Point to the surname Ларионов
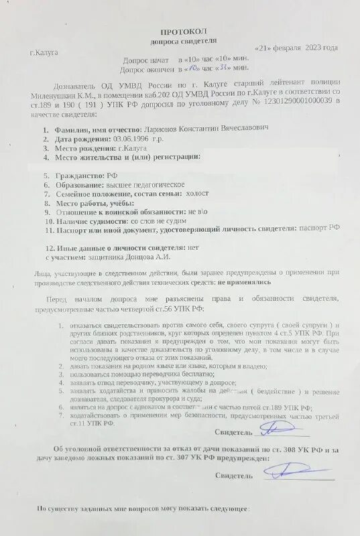[x=164, y=127]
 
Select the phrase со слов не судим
[x=155, y=220]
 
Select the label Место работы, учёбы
[x=95, y=202]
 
